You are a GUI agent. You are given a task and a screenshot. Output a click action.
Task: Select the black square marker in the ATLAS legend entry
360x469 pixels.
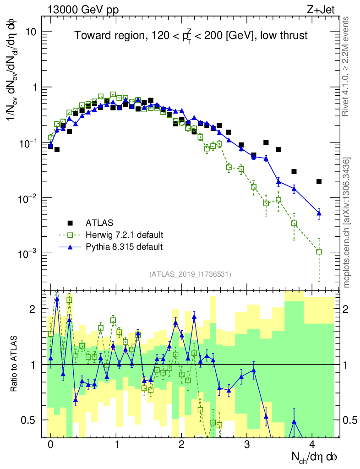pos(70,223)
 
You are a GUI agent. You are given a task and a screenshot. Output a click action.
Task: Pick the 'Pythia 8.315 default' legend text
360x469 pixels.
pos(124,247)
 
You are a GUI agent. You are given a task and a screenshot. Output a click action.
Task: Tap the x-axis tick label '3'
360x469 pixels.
pos(247,445)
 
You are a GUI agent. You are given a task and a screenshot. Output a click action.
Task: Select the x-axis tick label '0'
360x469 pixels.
pos(50,445)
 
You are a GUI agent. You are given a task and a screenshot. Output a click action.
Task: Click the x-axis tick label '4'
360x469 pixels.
pos(312,445)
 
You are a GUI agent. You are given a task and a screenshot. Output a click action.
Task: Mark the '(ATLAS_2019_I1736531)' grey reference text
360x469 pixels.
pos(190,274)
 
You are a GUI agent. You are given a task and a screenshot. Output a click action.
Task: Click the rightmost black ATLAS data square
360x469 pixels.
pos(319,182)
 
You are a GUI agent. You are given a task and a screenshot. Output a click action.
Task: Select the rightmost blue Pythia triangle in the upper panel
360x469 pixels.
pos(319,213)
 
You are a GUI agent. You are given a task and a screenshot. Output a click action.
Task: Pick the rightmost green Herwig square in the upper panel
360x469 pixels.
pos(319,251)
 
